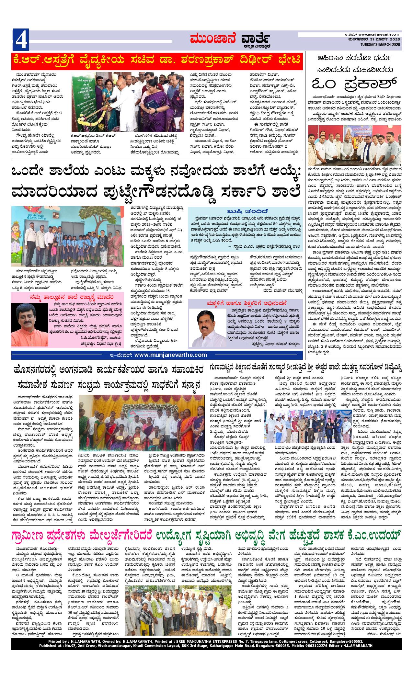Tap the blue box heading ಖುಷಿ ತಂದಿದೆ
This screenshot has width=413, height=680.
(246, 210)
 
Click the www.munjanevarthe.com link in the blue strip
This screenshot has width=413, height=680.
(170, 355)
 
